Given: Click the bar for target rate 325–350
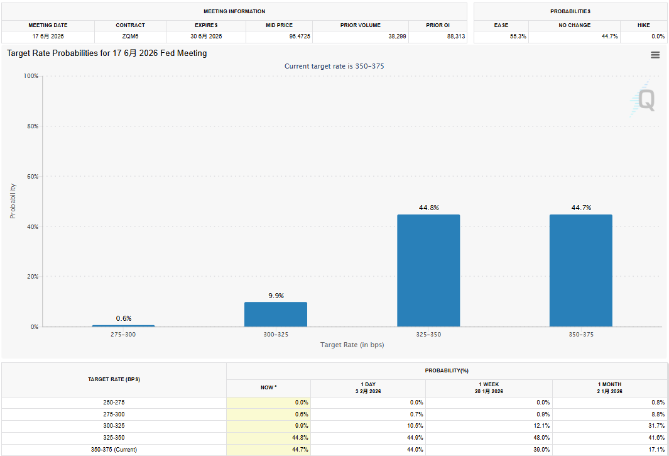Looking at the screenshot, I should [x=428, y=270].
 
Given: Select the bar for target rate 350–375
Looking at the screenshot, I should [x=580, y=270].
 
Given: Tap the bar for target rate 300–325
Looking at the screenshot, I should [x=276, y=314].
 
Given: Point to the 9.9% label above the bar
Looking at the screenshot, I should [x=276, y=296].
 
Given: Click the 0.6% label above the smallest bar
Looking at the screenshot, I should [x=124, y=318].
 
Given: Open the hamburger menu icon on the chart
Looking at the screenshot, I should [x=655, y=55].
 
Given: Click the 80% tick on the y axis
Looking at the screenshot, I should [x=31, y=126].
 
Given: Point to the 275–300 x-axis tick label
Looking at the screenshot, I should [x=123, y=335].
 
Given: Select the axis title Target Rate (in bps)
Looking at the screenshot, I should [x=352, y=345].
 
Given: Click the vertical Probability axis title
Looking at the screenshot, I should [x=13, y=201].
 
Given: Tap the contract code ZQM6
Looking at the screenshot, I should [x=131, y=36].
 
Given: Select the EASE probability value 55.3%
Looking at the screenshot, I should [x=518, y=36].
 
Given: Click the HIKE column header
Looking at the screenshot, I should [x=643, y=25].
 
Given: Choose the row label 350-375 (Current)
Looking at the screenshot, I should [x=114, y=450].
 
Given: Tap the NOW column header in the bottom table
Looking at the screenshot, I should [x=268, y=387].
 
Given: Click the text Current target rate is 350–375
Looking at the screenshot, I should [x=339, y=66].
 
